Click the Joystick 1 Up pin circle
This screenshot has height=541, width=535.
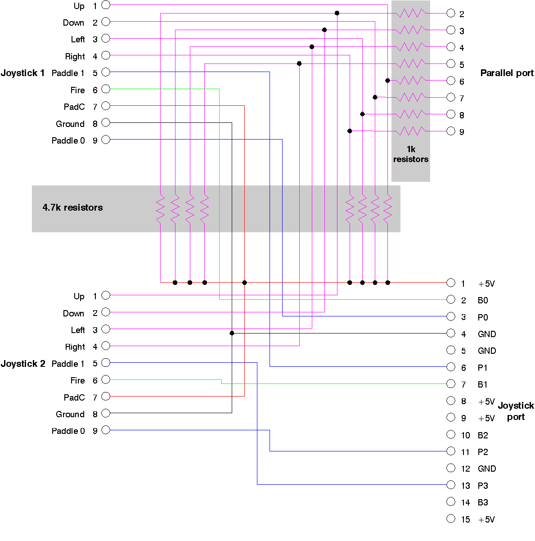[106, 5]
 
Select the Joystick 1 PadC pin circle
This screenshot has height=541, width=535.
[106, 106]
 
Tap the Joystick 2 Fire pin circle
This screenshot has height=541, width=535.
[106, 379]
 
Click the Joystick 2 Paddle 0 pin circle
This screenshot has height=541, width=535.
[106, 430]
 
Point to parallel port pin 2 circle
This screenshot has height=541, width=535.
[451, 14]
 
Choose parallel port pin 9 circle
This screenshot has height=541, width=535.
[451, 131]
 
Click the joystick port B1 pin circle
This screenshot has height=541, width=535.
[451, 383]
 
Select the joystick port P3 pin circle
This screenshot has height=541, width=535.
[451, 485]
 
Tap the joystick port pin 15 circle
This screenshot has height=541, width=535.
[451, 518]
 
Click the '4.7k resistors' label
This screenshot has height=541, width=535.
[72, 207]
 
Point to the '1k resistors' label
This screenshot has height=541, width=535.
[411, 154]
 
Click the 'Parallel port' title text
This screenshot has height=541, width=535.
[507, 73]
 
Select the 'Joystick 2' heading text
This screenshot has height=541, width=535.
[23, 364]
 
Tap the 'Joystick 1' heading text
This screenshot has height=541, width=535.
[22, 73]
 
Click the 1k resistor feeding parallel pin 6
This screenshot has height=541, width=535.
[410, 81]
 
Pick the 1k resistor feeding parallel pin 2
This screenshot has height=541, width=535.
[410, 14]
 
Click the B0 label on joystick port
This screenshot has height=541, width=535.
[483, 300]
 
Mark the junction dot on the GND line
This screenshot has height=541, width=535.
[232, 333]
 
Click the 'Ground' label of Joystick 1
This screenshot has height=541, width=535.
[70, 124]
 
